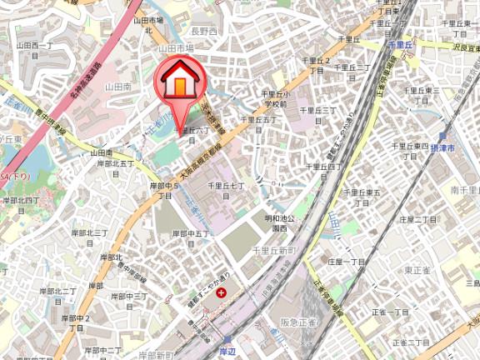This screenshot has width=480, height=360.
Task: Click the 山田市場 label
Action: (177, 49)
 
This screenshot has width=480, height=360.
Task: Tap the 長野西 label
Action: (204, 32)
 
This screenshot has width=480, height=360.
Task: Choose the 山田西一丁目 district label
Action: (34, 49)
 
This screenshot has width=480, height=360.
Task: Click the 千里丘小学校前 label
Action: (274, 99)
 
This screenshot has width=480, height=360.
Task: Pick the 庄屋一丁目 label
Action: (347, 261)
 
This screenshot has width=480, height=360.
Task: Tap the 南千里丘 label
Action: (463, 191)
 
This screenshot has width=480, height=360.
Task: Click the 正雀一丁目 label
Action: (388, 316)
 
